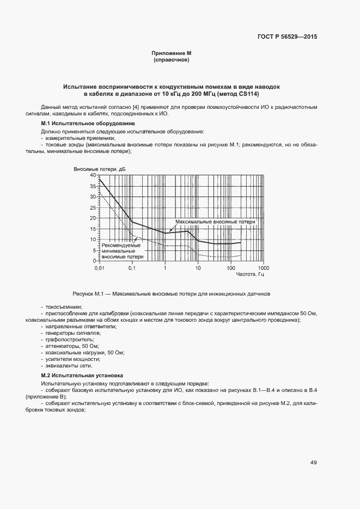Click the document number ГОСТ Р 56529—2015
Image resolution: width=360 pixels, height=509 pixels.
pos(286,37)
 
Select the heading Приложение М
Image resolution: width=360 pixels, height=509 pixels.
pos(172,53)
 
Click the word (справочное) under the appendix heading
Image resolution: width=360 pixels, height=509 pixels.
pos(172,60)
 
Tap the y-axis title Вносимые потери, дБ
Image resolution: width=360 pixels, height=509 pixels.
pos(100,169)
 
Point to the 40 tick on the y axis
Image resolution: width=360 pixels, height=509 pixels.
pos(92,175)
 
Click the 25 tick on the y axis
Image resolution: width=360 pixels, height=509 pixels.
pos(92,207)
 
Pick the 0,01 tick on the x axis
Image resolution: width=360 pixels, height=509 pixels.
pos(99,268)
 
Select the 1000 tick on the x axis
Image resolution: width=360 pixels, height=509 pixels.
pos(264,268)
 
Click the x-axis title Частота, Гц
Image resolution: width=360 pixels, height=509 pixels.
pos(249,275)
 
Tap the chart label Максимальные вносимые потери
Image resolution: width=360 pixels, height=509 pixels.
pos(215,223)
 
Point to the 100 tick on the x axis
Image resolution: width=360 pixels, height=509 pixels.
pos(230,268)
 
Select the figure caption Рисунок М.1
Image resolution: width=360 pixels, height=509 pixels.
pos(172,294)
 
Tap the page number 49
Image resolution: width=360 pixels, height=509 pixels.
pos(314,463)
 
